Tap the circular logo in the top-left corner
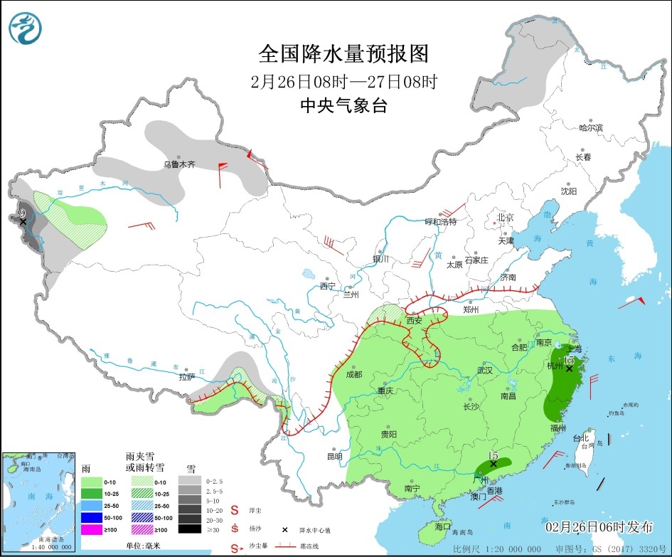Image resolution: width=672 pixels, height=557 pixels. pos(26,28)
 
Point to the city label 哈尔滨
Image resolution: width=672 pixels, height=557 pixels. pos(590,128)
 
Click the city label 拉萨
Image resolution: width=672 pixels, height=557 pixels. pos(187,377)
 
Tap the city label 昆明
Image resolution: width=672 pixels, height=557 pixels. pos(334,457)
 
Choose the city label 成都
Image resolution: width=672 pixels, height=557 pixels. pos(353,374)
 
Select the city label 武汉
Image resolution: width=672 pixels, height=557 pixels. pos(485,370)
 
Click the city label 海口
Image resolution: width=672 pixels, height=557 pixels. pos(442,526)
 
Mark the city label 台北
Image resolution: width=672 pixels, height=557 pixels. pos(580,438)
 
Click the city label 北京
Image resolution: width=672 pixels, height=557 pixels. pos(505,217)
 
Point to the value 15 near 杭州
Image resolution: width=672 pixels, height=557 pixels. pos(569,360)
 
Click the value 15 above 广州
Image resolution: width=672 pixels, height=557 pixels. pos(493,455)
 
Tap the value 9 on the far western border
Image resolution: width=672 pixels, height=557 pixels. pos(23,213)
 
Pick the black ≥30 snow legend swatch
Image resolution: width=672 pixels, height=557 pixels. pos(189,529)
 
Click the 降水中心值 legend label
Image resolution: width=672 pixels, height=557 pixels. pos(316,530)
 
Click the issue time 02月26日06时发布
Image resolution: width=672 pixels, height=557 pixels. pos(599,527)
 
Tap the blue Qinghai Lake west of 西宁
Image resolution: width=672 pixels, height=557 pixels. pos(309,273)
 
